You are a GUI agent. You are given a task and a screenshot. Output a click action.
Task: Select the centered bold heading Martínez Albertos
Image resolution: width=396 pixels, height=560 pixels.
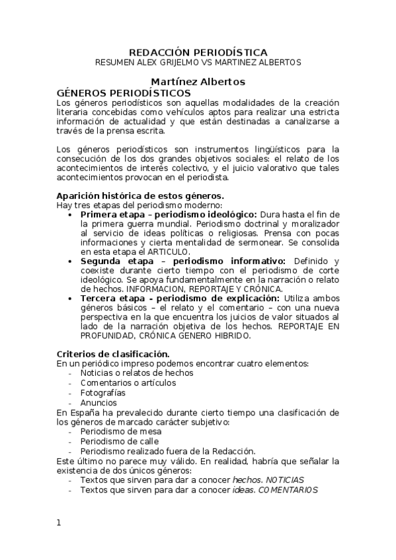pos(198,82)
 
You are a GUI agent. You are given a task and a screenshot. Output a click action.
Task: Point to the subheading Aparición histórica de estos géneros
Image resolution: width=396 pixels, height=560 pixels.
pos(140,195)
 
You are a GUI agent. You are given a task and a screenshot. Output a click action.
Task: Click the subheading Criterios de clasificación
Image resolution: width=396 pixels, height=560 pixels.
pos(113,353)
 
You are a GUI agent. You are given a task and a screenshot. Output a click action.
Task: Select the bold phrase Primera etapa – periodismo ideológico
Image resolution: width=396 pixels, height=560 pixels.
pos(169,215)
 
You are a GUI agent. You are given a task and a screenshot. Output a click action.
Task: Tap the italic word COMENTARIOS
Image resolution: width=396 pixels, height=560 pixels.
pos(288,490)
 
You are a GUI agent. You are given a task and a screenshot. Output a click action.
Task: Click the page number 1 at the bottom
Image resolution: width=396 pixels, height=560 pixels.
pos(59,522)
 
